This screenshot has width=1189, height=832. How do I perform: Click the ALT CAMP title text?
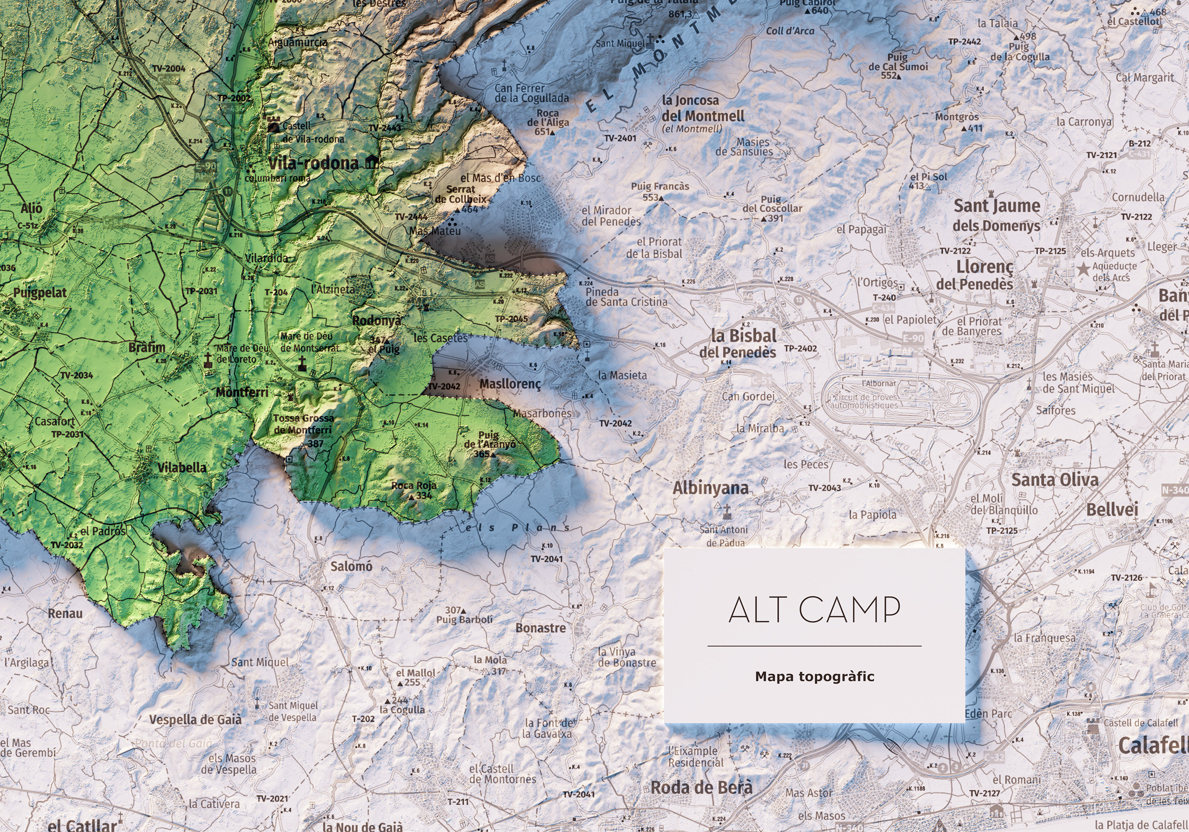814,610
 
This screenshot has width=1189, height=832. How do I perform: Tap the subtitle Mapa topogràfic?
814,677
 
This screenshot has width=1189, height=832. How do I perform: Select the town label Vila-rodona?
313,164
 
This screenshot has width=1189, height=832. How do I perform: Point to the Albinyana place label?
711,488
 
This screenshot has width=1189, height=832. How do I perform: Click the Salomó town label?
351,566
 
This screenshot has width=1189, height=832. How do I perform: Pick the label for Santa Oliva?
1054,479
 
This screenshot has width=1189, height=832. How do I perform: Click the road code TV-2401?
620,138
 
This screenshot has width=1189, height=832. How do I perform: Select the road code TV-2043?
824,488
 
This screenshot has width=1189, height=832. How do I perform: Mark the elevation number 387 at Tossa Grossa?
315,444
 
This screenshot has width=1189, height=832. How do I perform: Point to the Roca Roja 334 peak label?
414,490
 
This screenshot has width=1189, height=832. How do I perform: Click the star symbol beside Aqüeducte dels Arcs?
1083,269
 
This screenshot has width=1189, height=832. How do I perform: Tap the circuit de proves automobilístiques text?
864,401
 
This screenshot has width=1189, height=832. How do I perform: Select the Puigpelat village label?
40,292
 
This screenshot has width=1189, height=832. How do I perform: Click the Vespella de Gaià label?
195,720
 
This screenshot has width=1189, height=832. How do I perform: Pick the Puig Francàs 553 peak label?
659,191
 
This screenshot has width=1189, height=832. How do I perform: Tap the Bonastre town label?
540,628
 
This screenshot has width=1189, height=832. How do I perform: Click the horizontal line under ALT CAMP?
814,646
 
